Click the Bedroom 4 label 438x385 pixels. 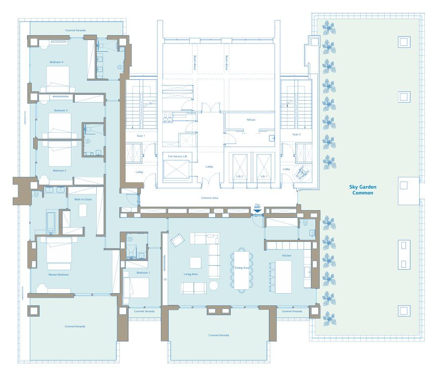tap(56, 62)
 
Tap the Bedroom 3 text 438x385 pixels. tap(61, 110)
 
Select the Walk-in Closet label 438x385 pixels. tap(83, 199)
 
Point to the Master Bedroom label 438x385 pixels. tap(58, 275)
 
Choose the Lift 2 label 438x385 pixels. tap(240, 176)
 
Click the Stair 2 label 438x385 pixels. tap(296, 134)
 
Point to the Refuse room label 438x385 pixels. tap(251, 120)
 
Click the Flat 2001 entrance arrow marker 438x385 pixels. tap(258, 211)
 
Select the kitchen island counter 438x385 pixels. tap(284, 277)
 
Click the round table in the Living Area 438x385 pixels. tap(214, 285)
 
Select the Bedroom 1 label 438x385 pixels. tap(143, 272)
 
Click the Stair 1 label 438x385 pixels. tap(140, 134)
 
